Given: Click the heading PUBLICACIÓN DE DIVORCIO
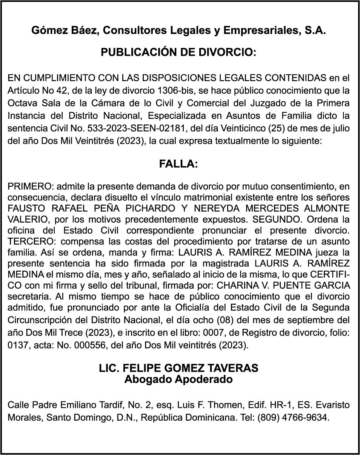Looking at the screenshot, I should click(x=178, y=52).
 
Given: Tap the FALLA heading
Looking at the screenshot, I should click(x=178, y=164).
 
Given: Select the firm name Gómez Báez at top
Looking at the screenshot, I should click(x=65, y=31).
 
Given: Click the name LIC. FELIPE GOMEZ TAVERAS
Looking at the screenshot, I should click(x=178, y=368).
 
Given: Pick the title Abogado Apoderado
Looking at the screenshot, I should click(x=178, y=379).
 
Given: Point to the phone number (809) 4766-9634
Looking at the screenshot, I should click(x=293, y=418).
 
